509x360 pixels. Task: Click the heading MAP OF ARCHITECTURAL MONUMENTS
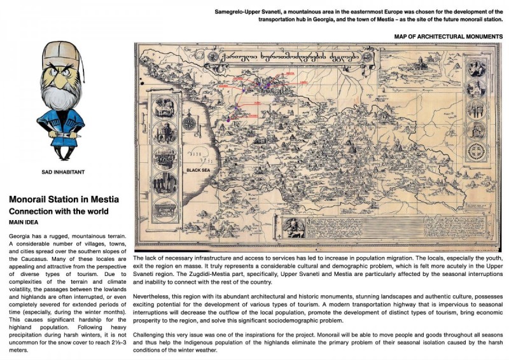[448, 37]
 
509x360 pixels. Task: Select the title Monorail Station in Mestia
[64, 200]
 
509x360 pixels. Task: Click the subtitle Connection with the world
[59, 211]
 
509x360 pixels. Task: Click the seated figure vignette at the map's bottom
[293, 228]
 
